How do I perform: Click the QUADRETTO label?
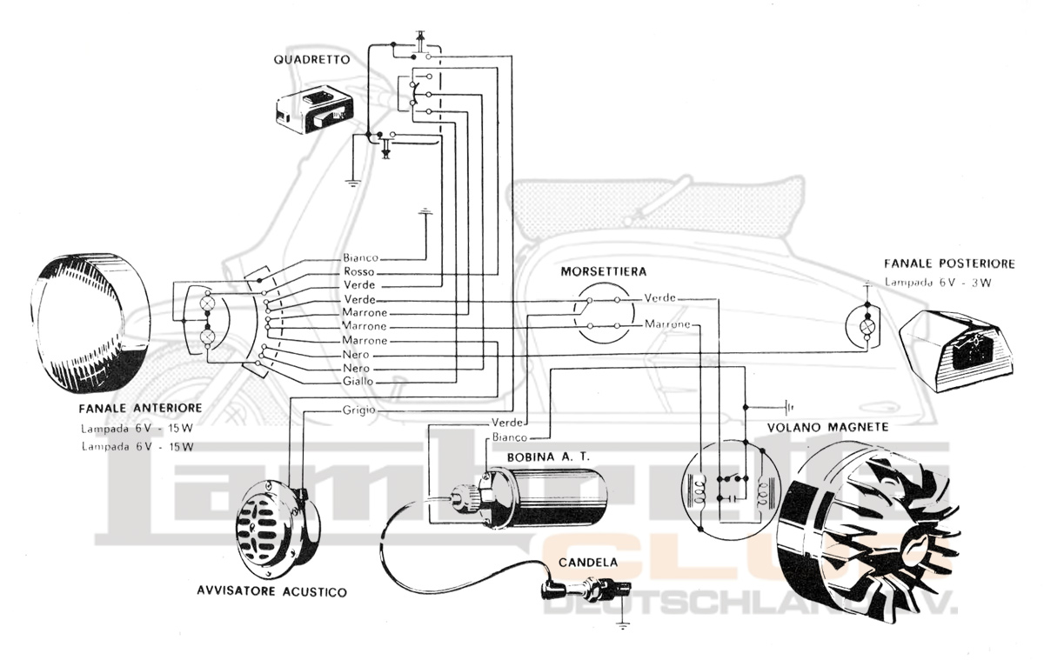coord(311,60)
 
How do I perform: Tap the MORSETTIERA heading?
coord(603,271)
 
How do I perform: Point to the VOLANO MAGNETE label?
coord(827,427)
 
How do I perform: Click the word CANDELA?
coord(589,563)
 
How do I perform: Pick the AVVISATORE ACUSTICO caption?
coord(271,592)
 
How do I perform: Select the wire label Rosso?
coord(358,272)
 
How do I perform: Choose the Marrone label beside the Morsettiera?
coord(667,325)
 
